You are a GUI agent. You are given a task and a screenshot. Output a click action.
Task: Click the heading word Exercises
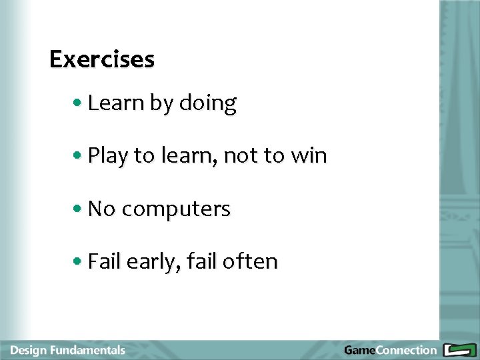[102, 59]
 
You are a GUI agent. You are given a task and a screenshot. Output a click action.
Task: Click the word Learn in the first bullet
[107, 103]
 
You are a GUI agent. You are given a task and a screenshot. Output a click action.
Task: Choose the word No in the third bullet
[101, 209]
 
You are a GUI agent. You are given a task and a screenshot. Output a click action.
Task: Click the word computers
[176, 209]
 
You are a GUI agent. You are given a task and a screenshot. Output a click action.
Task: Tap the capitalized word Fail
[103, 261]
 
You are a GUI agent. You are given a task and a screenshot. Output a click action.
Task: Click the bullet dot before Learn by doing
[79, 104]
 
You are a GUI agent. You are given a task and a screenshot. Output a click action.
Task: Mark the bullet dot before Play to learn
[79, 157]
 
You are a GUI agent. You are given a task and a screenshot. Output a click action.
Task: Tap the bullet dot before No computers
[79, 209]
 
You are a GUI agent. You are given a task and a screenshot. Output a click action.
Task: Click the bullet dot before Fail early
[79, 262]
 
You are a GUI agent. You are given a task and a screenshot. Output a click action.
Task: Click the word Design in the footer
[27, 350]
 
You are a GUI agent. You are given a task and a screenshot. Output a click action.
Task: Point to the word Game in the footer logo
[359, 350]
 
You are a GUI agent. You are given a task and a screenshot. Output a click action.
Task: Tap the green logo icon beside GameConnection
[459, 350]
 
